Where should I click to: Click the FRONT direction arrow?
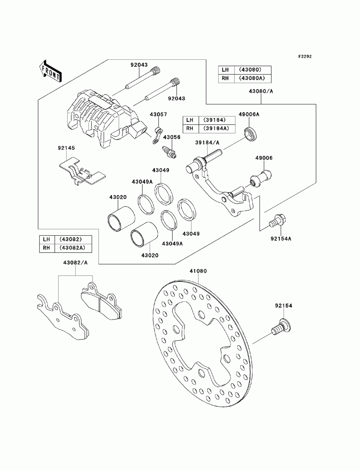click(50, 71)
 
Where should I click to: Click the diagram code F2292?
click(305, 56)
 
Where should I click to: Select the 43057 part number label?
click(158, 114)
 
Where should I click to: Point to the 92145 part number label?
click(66, 148)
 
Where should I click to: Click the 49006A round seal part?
click(251, 134)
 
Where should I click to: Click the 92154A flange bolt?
click(278, 221)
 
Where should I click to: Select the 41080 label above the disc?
click(198, 271)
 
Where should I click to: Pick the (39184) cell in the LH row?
click(217, 120)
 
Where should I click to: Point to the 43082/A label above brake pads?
click(75, 262)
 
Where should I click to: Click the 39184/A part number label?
click(207, 142)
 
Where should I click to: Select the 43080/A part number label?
click(261, 91)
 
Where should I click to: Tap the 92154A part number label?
click(281, 239)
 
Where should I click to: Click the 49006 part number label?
click(264, 158)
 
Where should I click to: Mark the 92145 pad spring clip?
click(82, 171)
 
